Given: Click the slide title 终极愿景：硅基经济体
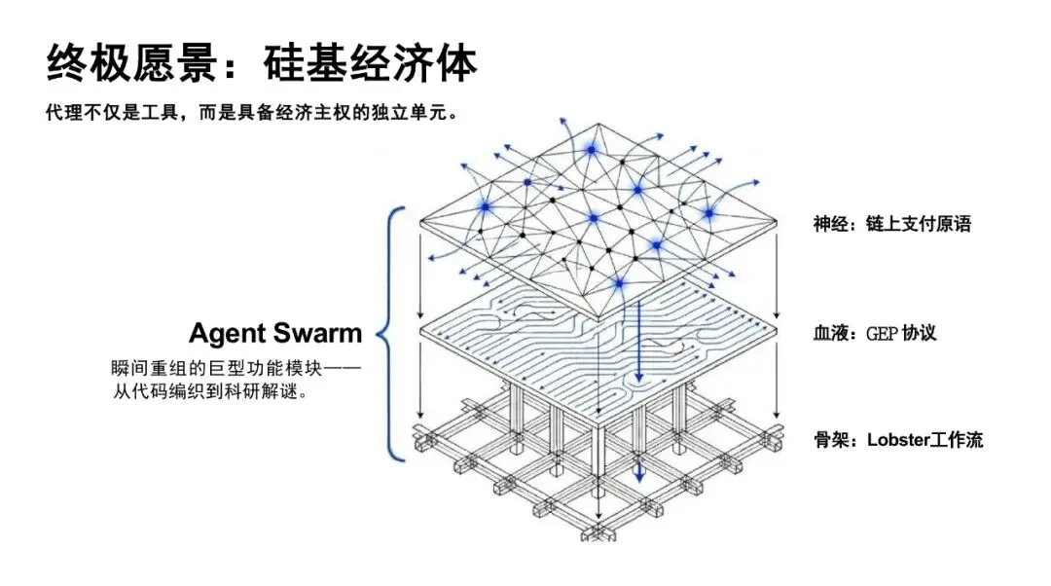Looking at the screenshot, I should (x=262, y=63).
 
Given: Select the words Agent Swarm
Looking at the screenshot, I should (x=275, y=334).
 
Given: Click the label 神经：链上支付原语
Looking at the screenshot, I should (x=892, y=224).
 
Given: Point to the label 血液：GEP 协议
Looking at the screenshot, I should (x=875, y=333).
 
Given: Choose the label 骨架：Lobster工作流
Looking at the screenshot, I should (x=898, y=440).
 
